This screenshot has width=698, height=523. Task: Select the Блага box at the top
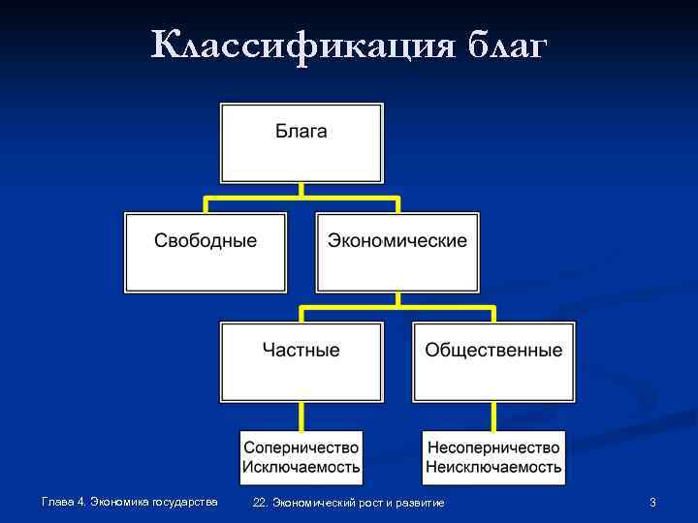pos(301,142)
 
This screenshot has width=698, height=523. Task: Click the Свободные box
pos(206,252)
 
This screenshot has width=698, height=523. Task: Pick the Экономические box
pos(397,252)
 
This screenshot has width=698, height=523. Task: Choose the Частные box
pos(301,361)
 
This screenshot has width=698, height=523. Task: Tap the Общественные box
pos(493,361)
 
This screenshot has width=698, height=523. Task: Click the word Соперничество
pos(301,447)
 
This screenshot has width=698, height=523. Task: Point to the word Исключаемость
pos(301,467)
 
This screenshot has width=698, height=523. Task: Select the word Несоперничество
pos(493,447)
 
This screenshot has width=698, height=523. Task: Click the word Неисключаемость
pos(493,467)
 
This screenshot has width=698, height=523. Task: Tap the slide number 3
pos(653,502)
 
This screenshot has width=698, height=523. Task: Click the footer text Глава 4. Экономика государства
pos(130,502)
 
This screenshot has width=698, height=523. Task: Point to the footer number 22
pos(259,503)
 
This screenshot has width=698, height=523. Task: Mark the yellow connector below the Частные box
pos(301,415)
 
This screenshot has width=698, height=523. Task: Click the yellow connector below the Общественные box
pos(493,415)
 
